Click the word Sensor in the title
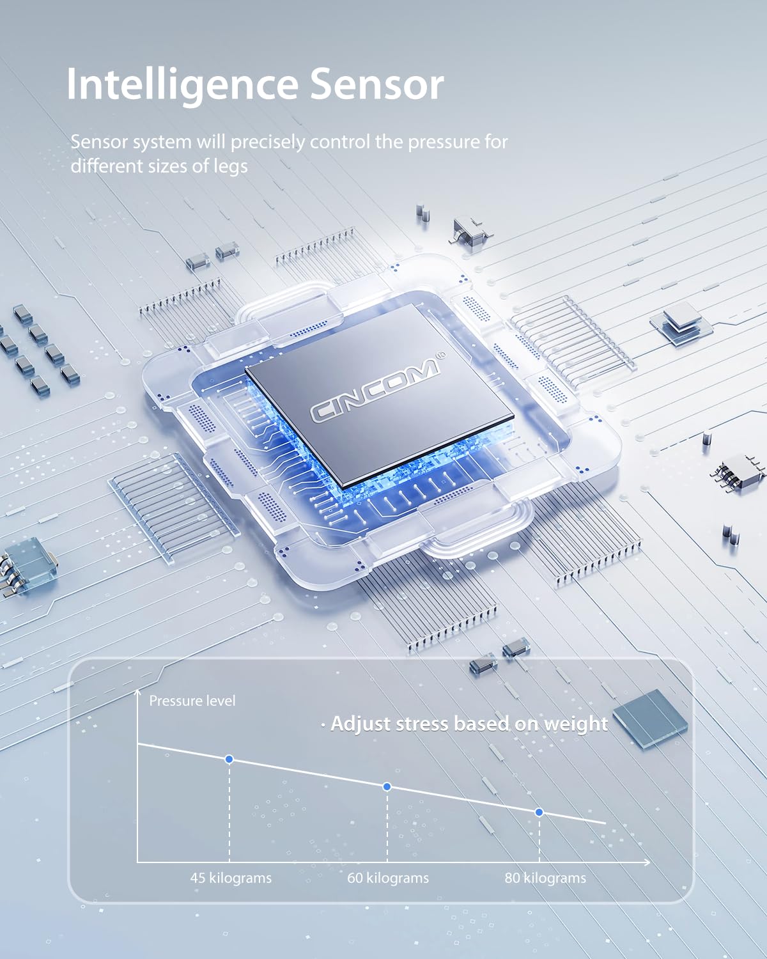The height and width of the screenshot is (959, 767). tap(376, 84)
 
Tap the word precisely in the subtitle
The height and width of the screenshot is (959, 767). tap(268, 143)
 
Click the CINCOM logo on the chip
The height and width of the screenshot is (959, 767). tap(375, 389)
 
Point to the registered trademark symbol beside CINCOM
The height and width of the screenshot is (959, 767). tap(440, 355)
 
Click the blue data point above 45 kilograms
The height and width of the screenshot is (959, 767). tap(229, 759)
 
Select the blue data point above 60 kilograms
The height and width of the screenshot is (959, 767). tap(387, 786)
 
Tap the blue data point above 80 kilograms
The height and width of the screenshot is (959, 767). tap(539, 813)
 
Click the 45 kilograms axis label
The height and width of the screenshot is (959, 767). tap(231, 878)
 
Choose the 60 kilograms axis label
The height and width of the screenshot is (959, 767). tap(388, 878)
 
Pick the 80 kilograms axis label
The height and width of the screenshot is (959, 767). tap(545, 878)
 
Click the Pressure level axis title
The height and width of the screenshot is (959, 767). tap(192, 701)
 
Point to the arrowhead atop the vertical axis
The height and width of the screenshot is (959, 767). tap(137, 692)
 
